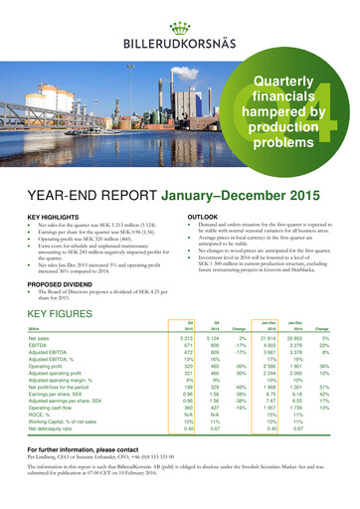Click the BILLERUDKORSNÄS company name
coord(180,42)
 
